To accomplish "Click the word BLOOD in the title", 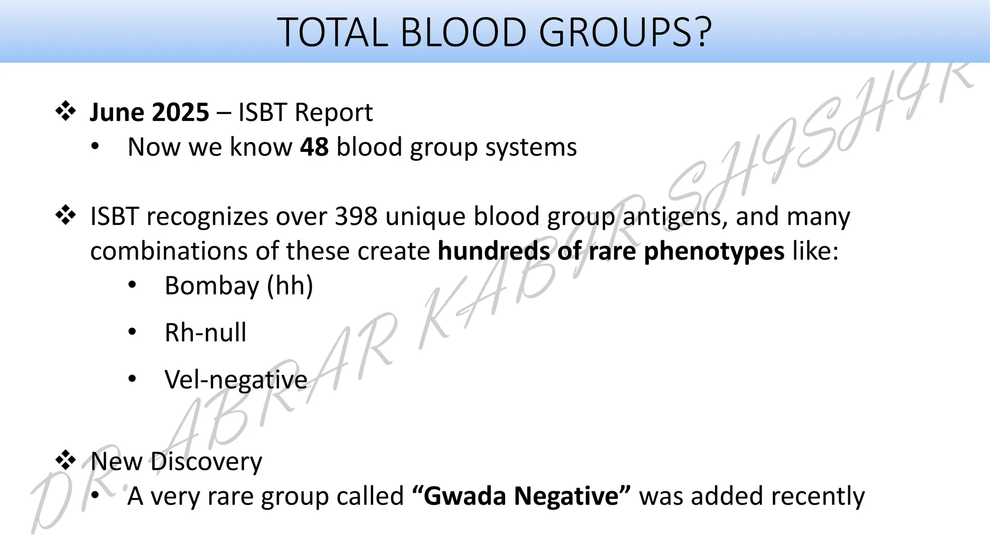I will coord(463,32).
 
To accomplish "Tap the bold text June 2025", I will coord(149,112).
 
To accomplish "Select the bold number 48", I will coord(314,147).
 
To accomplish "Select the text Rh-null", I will coord(205,333).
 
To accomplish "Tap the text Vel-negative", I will coord(236,380).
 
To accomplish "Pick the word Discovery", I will coord(206,461).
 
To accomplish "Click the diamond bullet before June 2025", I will coord(65,112).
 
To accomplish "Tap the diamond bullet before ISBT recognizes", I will coord(65,216).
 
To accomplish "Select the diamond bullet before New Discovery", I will coord(65,460).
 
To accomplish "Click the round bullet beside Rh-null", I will coord(132,332).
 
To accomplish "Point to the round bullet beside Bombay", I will coord(132,285).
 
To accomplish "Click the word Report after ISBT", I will coord(334,112).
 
